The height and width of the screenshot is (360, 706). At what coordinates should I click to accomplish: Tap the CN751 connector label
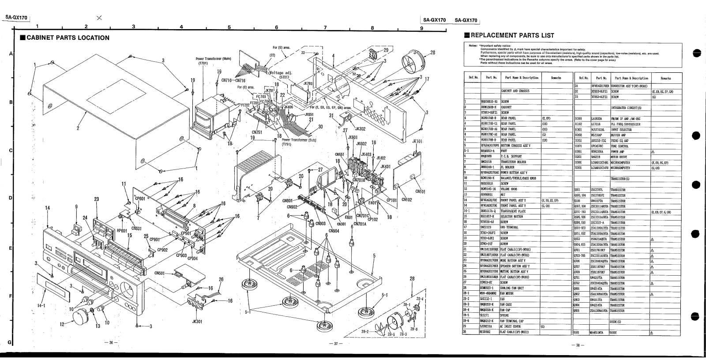pyautogui.click(x=258, y=131)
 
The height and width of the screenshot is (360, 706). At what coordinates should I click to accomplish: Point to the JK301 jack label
pyautogui.click(x=197, y=321)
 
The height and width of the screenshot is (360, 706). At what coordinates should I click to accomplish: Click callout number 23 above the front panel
pyautogui.click(x=97, y=199)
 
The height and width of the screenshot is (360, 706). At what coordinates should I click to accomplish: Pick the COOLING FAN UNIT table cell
pyautogui.click(x=511, y=288)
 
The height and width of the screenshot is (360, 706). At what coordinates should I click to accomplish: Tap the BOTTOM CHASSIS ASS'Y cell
pyautogui.click(x=516, y=146)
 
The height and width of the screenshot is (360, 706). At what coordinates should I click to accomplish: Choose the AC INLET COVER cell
pyautogui.click(x=511, y=326)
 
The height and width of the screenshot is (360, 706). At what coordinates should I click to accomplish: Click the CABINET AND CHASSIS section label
pyautogui.click(x=515, y=91)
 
